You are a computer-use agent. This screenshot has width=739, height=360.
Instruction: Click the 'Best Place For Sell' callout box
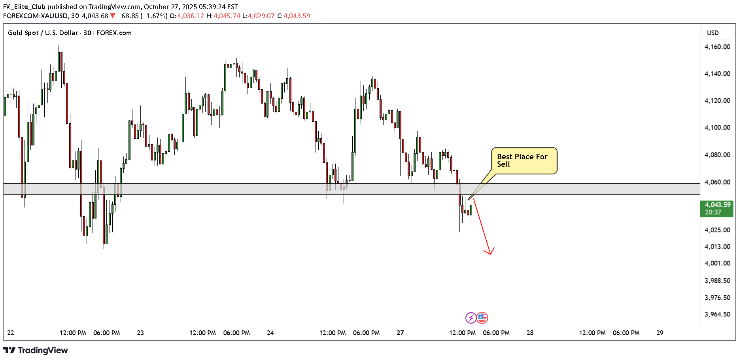(524, 160)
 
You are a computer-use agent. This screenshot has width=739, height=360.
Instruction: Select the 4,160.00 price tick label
(717, 47)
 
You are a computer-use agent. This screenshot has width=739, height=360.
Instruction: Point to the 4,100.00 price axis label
(717, 128)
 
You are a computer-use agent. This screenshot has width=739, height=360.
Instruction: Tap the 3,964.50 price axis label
(717, 314)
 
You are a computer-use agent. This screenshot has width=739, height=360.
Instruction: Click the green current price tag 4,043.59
(717, 208)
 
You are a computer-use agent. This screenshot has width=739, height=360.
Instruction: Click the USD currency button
(713, 33)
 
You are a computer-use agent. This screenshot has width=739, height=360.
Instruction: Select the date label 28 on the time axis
(530, 333)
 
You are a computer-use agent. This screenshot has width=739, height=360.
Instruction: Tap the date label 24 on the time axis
(270, 333)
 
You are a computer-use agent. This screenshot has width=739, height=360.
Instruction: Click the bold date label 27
(400, 333)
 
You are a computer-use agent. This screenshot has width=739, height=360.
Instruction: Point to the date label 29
(660, 333)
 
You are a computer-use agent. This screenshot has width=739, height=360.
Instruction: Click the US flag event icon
(482, 318)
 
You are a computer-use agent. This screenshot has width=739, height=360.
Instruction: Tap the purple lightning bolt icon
(471, 318)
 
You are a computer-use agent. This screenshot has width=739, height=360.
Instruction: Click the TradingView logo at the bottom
(36, 351)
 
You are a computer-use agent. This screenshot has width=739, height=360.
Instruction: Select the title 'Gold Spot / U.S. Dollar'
(43, 33)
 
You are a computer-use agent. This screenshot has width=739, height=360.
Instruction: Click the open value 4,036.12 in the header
(191, 16)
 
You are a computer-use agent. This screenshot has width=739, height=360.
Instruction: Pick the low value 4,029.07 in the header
(261, 16)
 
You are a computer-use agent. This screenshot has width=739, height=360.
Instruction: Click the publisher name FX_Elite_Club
(24, 7)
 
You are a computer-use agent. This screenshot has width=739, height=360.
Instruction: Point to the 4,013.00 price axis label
(717, 247)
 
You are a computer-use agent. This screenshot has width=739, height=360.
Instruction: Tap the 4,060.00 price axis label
(717, 182)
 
